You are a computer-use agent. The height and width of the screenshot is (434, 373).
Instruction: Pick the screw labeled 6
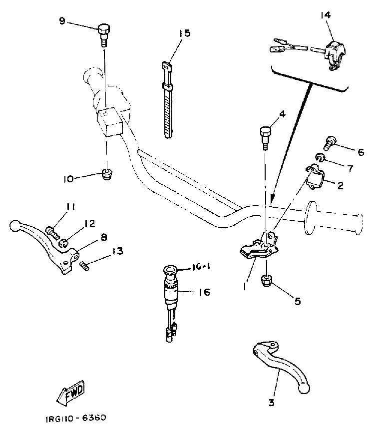(330, 143)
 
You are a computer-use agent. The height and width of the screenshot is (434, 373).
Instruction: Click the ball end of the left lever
(15, 226)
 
